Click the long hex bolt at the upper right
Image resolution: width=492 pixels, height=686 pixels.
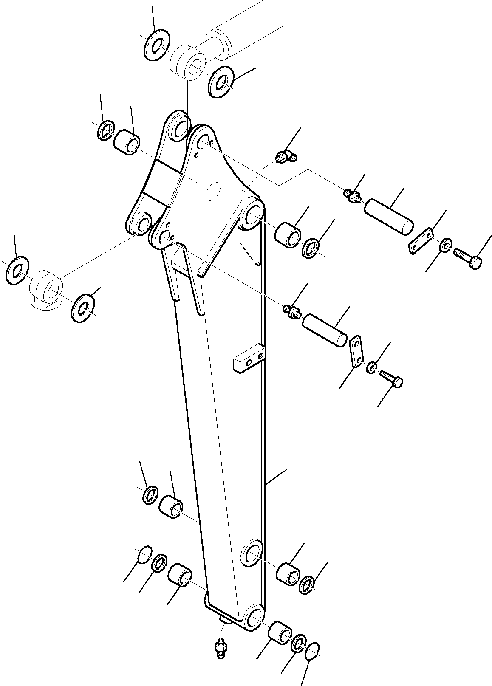tap(467, 257)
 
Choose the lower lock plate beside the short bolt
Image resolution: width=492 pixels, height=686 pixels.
tap(356, 351)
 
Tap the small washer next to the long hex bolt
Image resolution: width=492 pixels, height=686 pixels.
tap(446, 246)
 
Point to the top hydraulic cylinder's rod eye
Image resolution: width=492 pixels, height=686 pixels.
tap(189, 62)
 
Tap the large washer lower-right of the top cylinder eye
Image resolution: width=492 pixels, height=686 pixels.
tap(220, 82)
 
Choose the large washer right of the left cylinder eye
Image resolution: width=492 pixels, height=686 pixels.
tap(83, 307)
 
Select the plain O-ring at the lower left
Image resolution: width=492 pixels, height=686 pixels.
tap(145, 554)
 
